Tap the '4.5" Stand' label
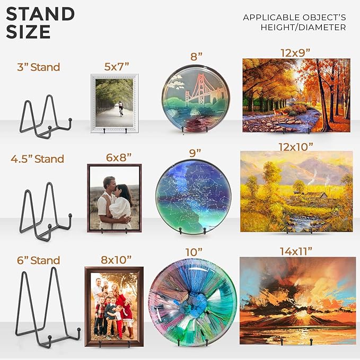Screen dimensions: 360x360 tap(37, 159)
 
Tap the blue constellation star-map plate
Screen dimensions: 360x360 tap(194, 197)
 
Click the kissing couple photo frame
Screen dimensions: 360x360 tap(115, 198)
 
